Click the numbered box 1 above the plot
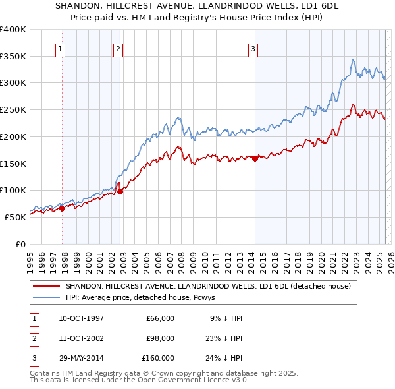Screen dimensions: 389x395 pyautogui.click(x=60, y=47)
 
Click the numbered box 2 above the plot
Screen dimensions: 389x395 pyautogui.click(x=118, y=47)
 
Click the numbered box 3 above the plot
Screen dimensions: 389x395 pyautogui.click(x=253, y=47)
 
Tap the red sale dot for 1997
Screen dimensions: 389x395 pyautogui.click(x=62, y=208)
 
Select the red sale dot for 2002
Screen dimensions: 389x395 pyautogui.click(x=120, y=191)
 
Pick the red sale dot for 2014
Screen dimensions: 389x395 pyautogui.click(x=255, y=158)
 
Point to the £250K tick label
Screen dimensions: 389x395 pyautogui.click(x=13, y=109)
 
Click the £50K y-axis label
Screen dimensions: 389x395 pyautogui.click(x=14, y=217)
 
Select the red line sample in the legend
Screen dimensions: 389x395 pyautogui.click(x=46, y=286)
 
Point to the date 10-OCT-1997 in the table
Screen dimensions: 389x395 pyautogui.click(x=81, y=318)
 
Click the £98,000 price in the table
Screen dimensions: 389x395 pyautogui.click(x=160, y=338)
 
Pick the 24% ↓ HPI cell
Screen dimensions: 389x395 pyautogui.click(x=226, y=358)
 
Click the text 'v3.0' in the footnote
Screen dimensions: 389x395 pyautogui.click(x=238, y=379)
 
